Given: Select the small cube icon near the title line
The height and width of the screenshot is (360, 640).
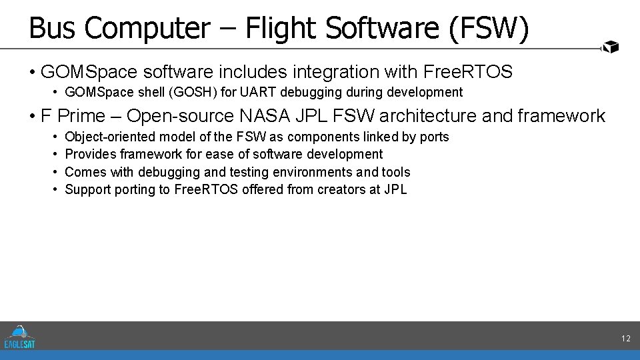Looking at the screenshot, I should tap(611, 47).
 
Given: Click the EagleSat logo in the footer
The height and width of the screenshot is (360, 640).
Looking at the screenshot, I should tap(20, 337).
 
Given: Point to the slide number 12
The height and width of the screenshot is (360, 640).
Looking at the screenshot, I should tap(625, 339).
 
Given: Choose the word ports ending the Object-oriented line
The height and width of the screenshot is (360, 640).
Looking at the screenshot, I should tap(434, 137).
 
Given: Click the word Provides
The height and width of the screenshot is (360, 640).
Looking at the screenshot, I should tap(91, 154).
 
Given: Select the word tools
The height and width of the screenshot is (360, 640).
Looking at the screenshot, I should tap(396, 172).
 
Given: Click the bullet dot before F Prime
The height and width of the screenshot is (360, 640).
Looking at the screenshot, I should tap(33, 116).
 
